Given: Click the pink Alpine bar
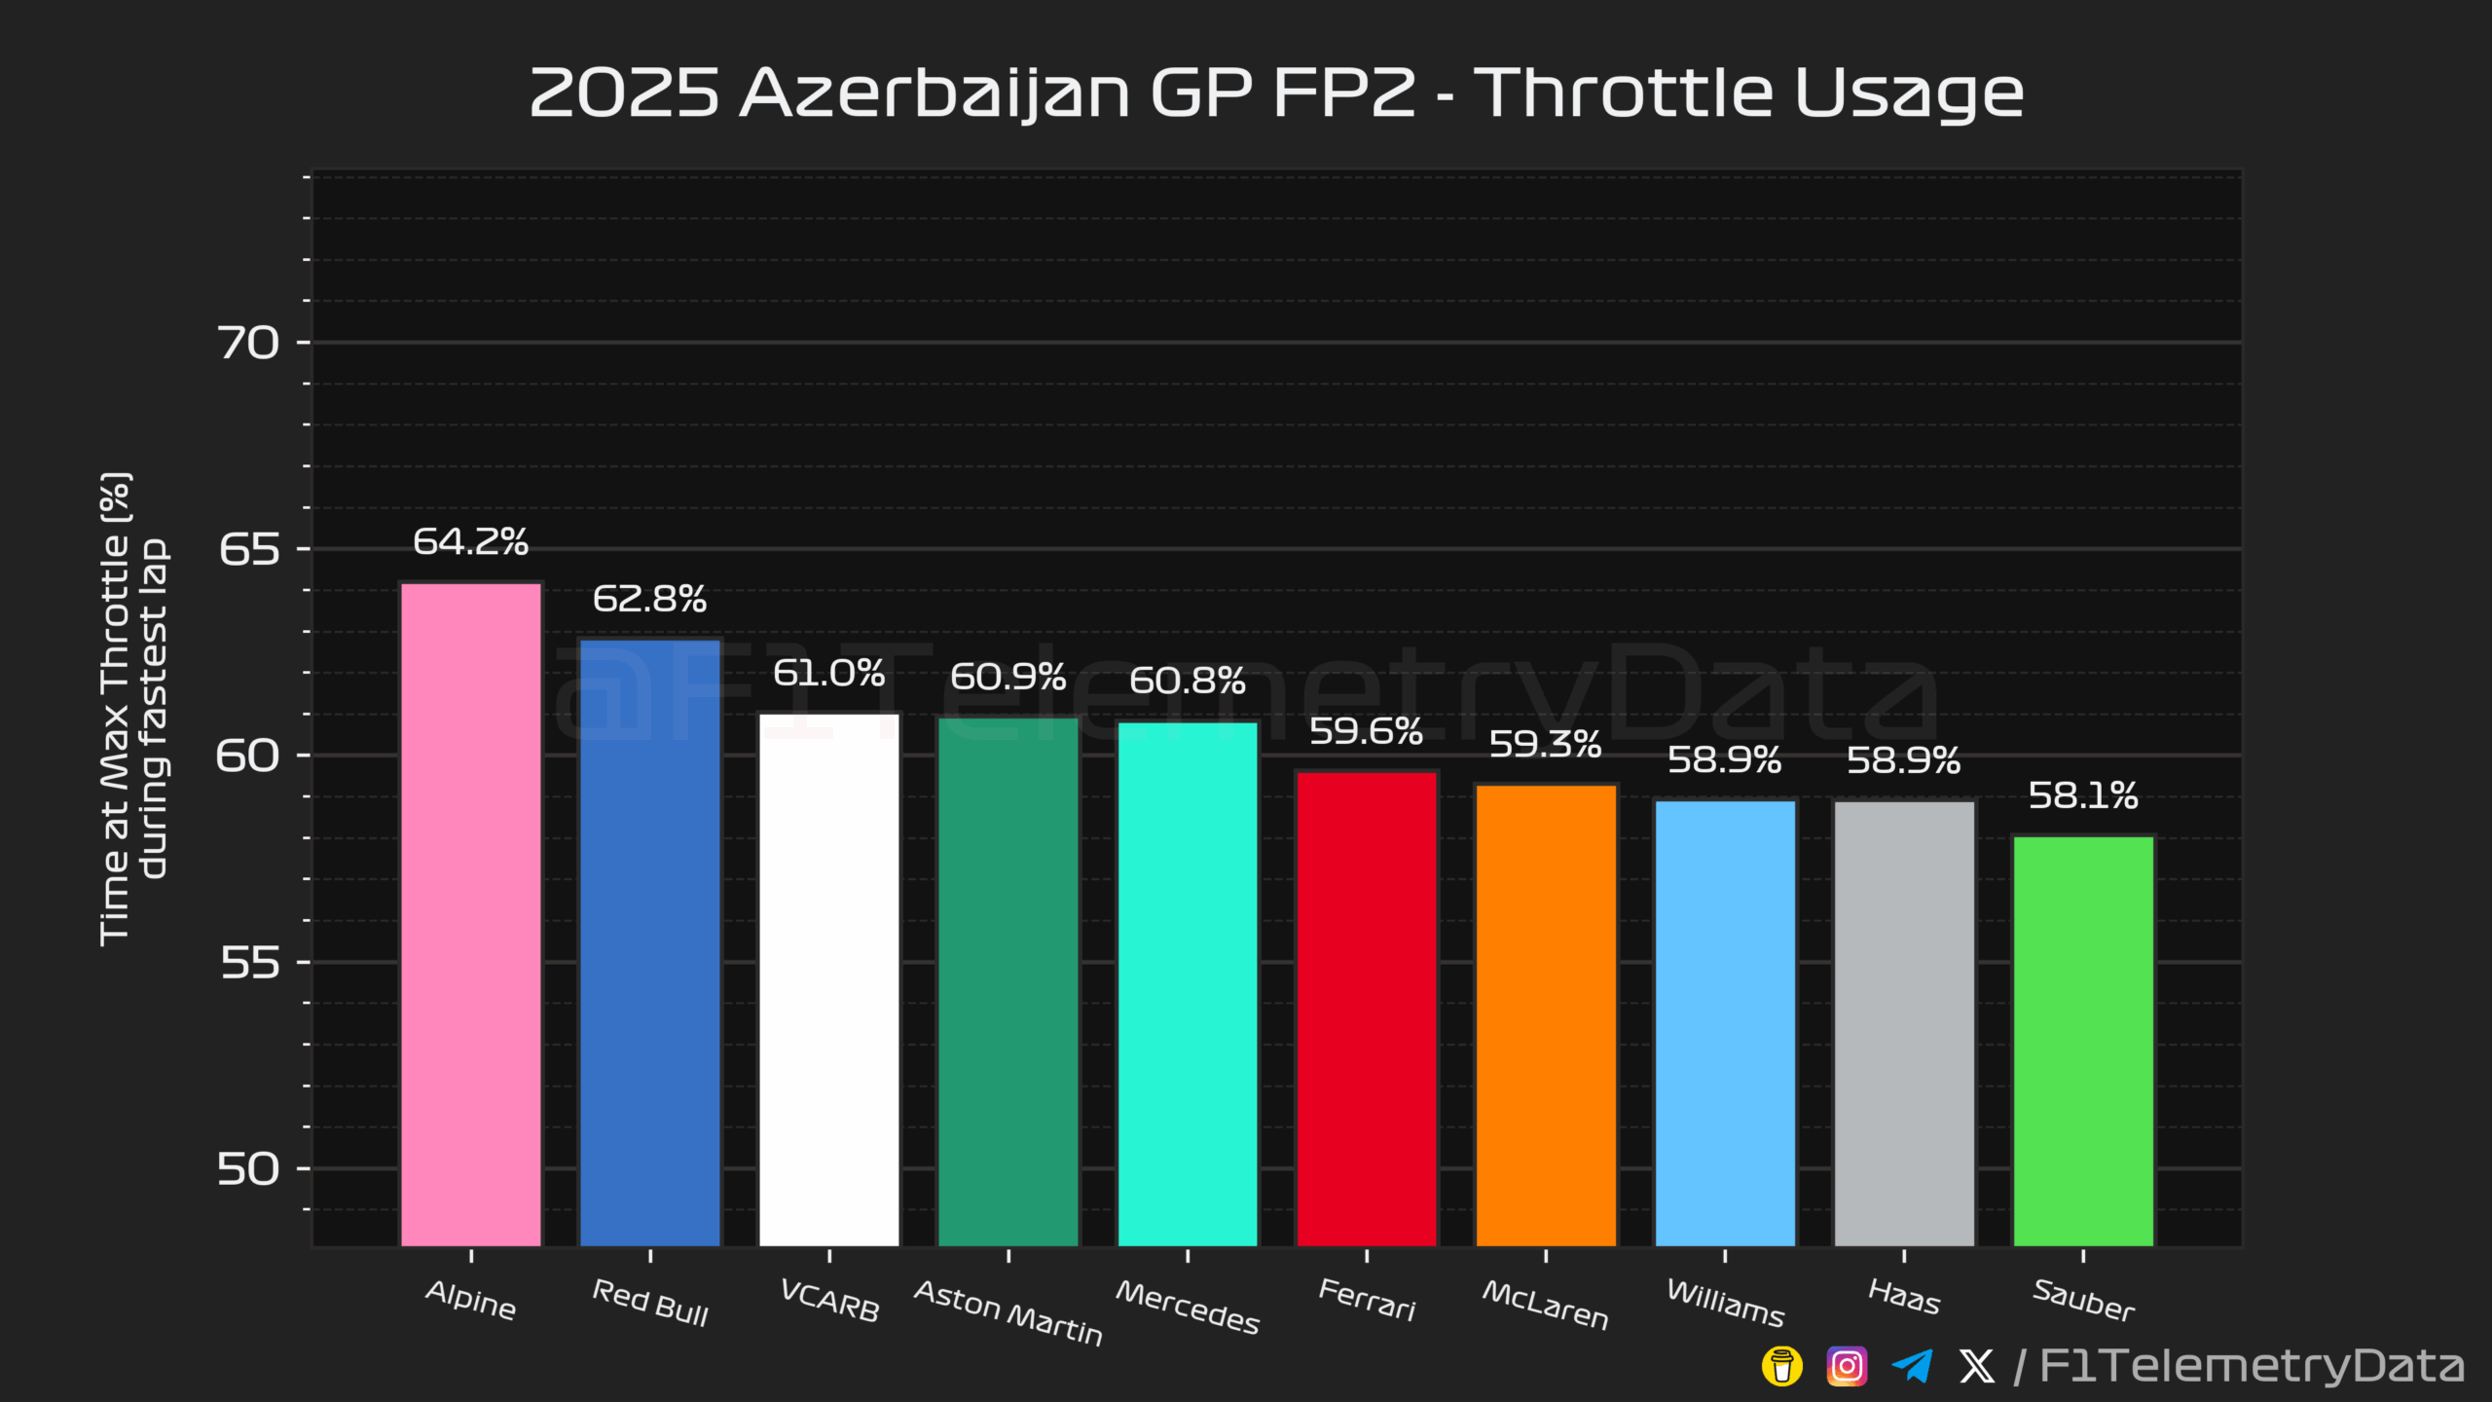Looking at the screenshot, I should [x=470, y=915].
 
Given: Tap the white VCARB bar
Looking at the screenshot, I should [x=828, y=979].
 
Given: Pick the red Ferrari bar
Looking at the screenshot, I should [x=1367, y=1008].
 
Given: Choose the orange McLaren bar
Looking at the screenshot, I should [x=1546, y=1015].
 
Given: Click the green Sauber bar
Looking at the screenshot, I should [x=2083, y=1040].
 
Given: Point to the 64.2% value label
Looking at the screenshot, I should [x=470, y=542].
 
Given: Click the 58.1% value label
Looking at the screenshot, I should [x=2083, y=796].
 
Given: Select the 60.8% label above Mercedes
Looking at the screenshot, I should [x=1187, y=681].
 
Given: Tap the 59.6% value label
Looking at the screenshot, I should [x=1366, y=731].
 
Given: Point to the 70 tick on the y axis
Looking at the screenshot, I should [x=248, y=343].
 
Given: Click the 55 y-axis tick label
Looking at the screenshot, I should [x=248, y=963].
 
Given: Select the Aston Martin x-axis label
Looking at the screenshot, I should [x=1008, y=1312].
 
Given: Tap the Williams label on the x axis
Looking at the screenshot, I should [x=1725, y=1303].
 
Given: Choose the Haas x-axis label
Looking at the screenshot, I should [x=1904, y=1297].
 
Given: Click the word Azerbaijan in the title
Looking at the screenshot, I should [x=934, y=93].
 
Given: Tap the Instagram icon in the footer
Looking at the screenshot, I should [x=1847, y=1366].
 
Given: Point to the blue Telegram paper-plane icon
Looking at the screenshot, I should [x=1912, y=1366].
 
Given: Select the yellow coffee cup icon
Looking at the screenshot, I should [x=1781, y=1366].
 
